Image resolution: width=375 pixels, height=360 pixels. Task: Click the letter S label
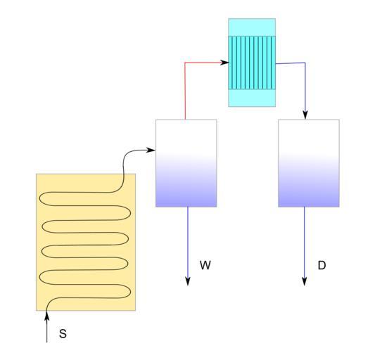(x=63, y=333)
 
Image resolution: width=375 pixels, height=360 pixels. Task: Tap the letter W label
(x=205, y=265)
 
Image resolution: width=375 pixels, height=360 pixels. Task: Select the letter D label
(x=322, y=265)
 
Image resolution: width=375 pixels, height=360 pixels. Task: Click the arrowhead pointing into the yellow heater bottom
(x=47, y=315)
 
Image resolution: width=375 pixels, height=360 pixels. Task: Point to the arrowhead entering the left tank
(x=151, y=150)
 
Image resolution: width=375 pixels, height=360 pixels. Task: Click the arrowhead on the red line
(x=224, y=63)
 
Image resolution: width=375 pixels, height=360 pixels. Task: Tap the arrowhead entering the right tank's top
(x=305, y=115)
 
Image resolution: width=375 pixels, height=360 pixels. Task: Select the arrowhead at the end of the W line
(x=188, y=281)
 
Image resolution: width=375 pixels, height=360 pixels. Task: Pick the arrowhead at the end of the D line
(x=304, y=281)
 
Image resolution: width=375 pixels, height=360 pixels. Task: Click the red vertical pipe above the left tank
(x=185, y=91)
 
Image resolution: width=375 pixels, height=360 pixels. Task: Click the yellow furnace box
(x=86, y=242)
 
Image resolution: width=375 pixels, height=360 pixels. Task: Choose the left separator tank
(x=186, y=163)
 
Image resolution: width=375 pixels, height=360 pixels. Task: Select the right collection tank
(x=309, y=163)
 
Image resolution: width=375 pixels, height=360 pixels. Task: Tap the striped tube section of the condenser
(x=252, y=63)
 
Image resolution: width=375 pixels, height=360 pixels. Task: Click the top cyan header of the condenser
(x=252, y=27)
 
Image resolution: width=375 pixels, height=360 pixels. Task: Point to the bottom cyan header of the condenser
(x=252, y=98)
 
